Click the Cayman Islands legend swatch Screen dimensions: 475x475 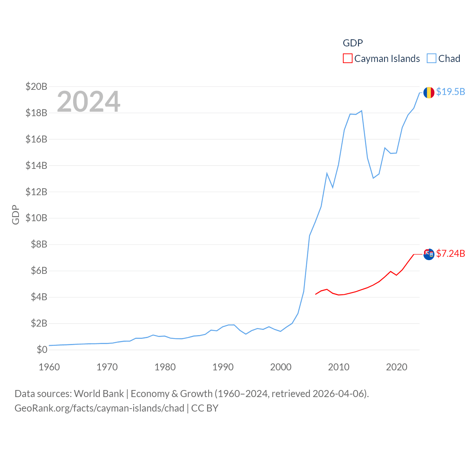point(347,59)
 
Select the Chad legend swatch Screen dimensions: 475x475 point(431,59)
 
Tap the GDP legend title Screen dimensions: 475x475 point(353,43)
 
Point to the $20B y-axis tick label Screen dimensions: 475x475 point(36,86)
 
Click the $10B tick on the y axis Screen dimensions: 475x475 point(36,218)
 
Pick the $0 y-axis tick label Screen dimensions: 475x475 point(42,350)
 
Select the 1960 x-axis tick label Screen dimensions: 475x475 point(49,367)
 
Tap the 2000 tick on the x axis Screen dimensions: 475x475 point(281,367)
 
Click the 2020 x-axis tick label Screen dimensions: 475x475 point(397,367)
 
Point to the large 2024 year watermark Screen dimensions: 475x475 point(89,101)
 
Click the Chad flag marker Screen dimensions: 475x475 point(429,92)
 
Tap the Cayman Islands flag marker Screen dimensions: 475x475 point(429,254)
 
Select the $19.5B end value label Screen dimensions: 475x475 point(451,92)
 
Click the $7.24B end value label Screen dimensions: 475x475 point(451,253)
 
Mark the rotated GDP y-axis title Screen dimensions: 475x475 point(16,214)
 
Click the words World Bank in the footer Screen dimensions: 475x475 point(99,394)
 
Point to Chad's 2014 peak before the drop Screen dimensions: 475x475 point(361,111)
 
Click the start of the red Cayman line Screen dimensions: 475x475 point(315,294)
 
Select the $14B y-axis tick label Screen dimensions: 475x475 point(36,166)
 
